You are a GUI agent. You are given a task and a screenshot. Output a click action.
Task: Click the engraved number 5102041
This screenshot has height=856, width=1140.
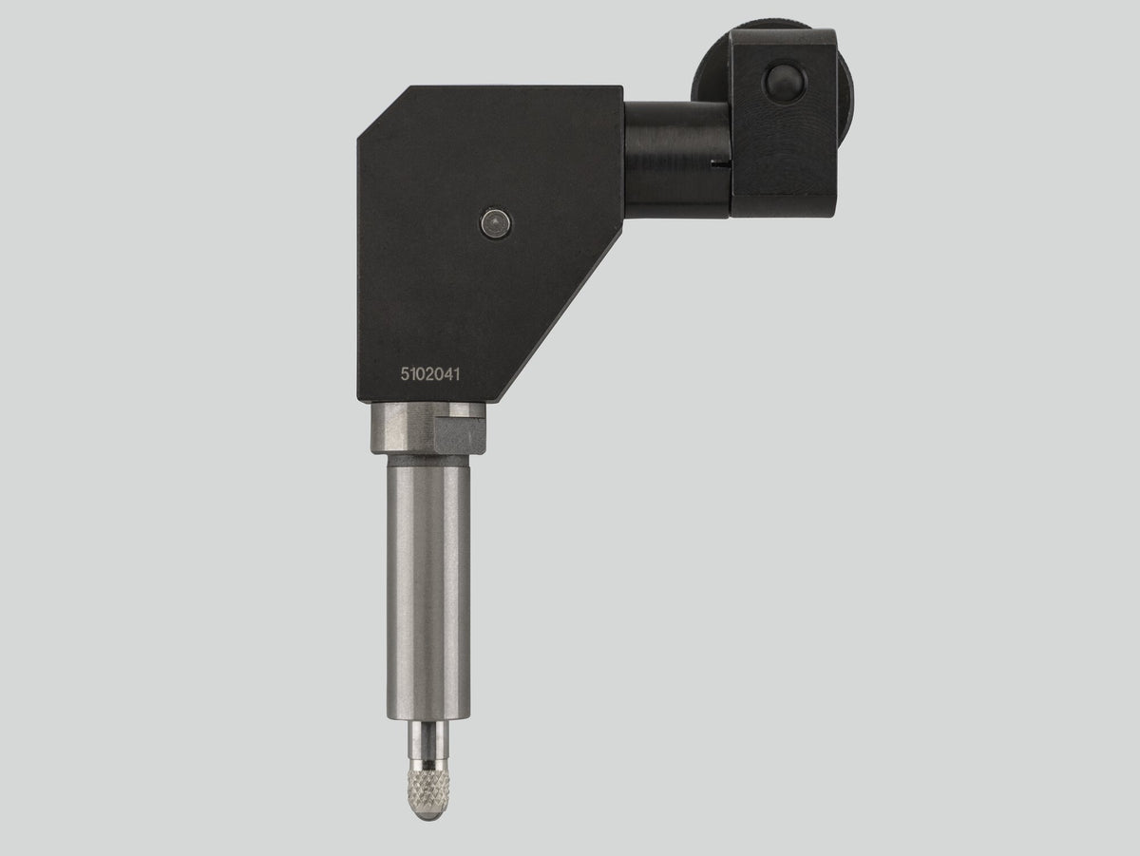tap(430, 374)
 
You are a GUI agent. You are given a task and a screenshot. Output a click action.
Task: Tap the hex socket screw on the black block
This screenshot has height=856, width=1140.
tap(496, 224)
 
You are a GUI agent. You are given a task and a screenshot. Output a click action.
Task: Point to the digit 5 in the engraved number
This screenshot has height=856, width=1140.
tap(405, 374)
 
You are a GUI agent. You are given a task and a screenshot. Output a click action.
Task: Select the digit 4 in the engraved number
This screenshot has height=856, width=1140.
tap(447, 374)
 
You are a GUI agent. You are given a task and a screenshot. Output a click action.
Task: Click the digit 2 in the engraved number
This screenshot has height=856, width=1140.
tap(429, 374)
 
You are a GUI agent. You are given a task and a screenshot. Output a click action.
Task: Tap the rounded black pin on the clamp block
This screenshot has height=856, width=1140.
tap(784, 83)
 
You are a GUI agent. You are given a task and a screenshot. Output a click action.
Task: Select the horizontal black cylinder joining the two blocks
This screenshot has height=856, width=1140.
tap(677, 160)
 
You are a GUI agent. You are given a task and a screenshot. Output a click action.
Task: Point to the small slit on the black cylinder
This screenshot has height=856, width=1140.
tap(722, 164)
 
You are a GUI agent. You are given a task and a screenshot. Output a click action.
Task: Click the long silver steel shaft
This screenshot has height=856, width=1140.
tap(428, 588)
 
